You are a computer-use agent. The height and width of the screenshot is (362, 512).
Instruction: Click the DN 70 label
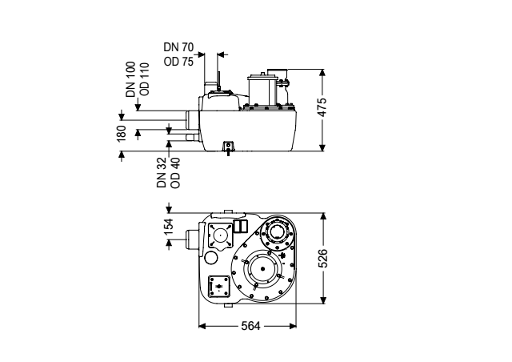click(178, 47)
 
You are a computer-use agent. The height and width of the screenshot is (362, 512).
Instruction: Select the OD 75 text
click(178, 62)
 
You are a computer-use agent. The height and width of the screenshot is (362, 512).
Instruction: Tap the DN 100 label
click(130, 79)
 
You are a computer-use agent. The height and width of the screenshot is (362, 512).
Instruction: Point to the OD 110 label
click(144, 79)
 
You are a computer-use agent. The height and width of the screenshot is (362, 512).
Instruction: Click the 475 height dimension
click(322, 107)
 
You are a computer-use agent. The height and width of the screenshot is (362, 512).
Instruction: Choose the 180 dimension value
click(121, 134)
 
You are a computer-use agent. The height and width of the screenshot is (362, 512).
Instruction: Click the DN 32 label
click(162, 172)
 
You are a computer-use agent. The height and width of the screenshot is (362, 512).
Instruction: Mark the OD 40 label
click(175, 173)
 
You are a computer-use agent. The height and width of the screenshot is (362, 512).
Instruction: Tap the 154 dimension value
click(169, 227)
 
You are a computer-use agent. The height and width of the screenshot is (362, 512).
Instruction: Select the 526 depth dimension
click(322, 259)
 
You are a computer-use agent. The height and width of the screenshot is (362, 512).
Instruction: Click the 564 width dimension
click(250, 326)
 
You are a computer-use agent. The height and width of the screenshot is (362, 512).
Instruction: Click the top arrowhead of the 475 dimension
click(322, 73)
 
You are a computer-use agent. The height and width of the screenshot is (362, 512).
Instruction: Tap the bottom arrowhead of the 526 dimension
click(323, 300)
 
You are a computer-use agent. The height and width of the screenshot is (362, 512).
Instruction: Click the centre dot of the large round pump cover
click(263, 269)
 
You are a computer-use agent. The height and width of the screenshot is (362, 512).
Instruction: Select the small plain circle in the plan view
click(210, 258)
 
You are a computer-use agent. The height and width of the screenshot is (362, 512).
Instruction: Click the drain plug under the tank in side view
click(228, 148)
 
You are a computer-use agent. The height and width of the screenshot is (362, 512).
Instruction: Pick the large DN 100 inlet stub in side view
click(192, 119)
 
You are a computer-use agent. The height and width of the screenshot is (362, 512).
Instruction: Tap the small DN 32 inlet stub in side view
click(192, 137)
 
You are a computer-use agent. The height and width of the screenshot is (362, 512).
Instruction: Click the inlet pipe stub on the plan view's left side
click(192, 240)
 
